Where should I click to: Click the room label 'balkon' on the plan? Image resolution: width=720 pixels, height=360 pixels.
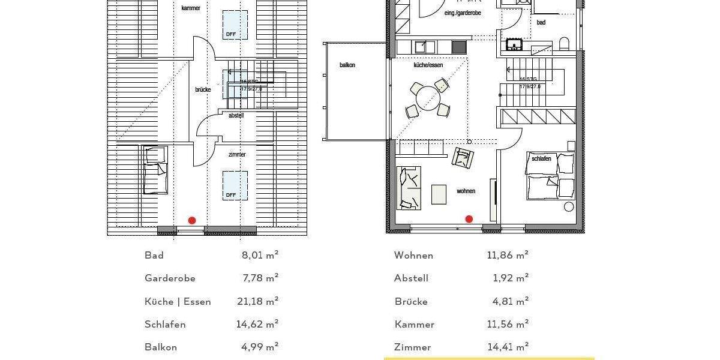(347, 65)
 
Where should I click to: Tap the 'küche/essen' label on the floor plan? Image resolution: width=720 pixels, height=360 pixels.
(428, 65)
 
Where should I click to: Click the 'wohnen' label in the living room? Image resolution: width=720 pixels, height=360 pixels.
(466, 191)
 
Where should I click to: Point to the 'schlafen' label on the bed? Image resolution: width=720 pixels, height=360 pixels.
(541, 159)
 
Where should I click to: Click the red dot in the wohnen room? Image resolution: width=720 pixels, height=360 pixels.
(469, 219)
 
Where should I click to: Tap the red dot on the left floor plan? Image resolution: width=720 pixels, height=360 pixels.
(192, 220)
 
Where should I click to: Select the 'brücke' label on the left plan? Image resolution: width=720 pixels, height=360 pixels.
(203, 90)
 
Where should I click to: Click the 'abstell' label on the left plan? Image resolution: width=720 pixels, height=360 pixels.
(236, 115)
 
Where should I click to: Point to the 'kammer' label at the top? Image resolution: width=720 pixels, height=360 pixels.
(191, 8)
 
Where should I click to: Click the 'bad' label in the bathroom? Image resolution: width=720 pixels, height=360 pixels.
(541, 23)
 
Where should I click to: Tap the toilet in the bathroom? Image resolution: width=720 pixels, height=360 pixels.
(564, 44)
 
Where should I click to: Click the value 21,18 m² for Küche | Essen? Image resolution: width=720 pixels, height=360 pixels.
(257, 301)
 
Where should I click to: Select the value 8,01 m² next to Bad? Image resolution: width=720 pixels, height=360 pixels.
(260, 255)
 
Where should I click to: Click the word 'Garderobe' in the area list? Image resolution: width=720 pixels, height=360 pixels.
(170, 278)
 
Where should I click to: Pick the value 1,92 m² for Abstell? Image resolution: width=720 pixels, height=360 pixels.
(510, 278)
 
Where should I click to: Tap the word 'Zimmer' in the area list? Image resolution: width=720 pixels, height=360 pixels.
(413, 347)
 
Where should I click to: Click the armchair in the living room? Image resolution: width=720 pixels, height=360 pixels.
(463, 158)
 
